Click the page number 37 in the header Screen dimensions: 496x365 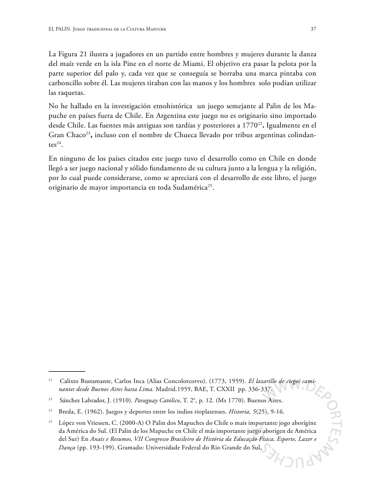coord(313,29)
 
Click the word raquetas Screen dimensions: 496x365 coord(64,92)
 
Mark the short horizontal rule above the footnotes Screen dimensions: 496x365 coord(67,371)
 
